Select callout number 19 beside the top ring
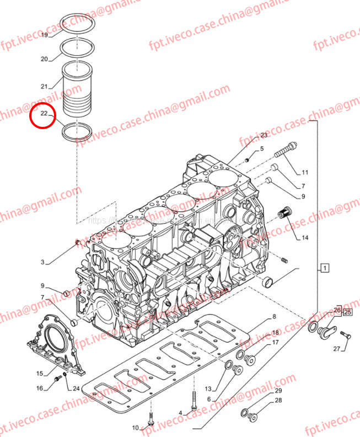[x=45, y=35]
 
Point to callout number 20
[x=45, y=59]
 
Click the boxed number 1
[x=325, y=269]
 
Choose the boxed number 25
[x=347, y=312]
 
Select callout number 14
[x=304, y=238]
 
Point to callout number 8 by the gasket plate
[x=273, y=317]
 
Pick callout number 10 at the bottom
[x=135, y=428]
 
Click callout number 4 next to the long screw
[x=180, y=412]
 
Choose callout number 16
[x=39, y=388]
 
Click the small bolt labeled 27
[x=346, y=334]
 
